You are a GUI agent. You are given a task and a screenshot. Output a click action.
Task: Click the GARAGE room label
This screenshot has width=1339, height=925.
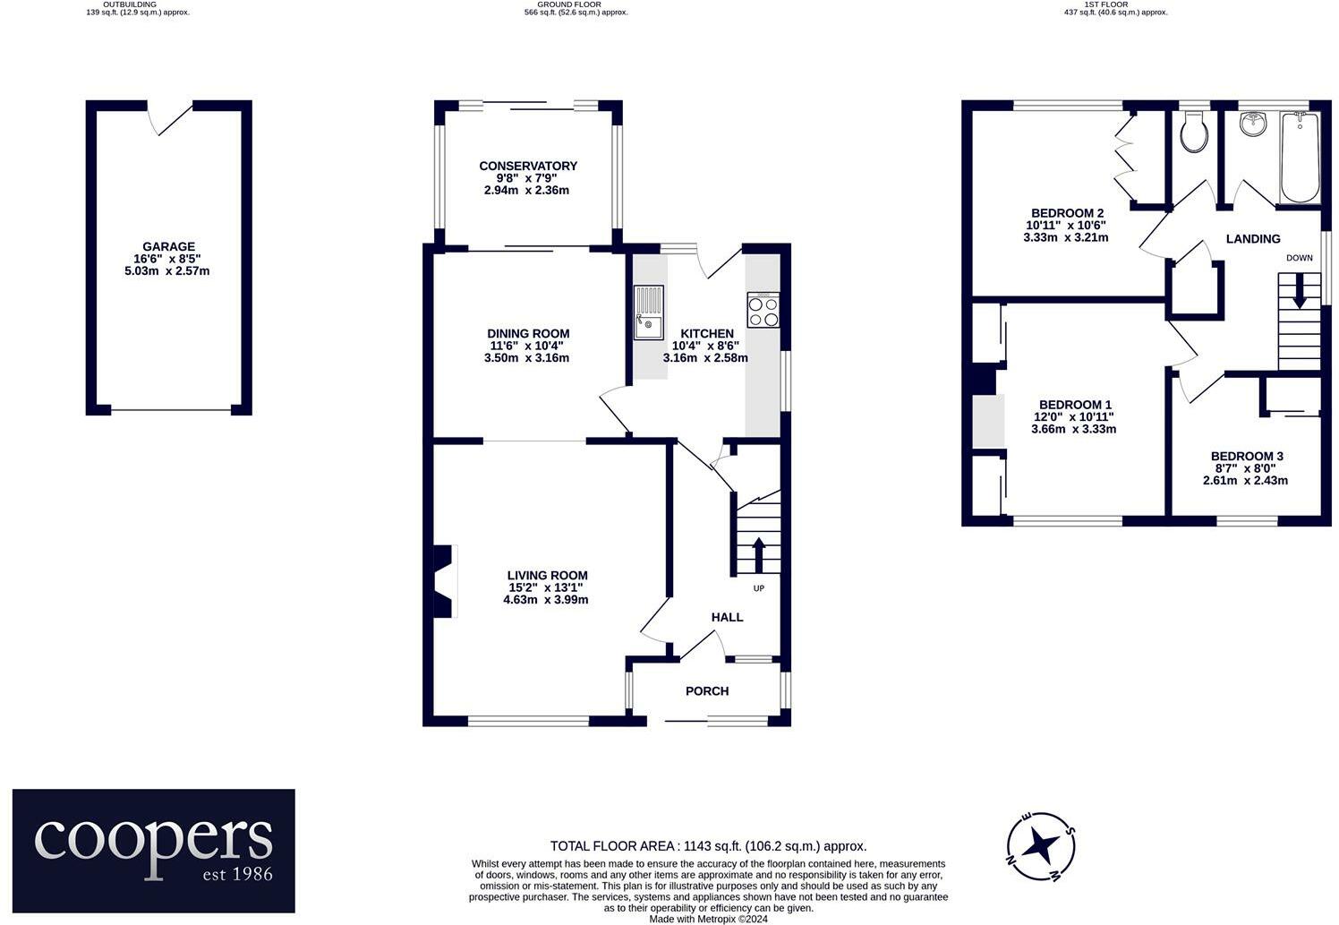coord(168,246)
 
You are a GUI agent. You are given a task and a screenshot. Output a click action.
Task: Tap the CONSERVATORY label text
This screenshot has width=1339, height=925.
coord(528,167)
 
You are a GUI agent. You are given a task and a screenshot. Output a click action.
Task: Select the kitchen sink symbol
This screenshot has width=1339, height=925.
coord(649,313)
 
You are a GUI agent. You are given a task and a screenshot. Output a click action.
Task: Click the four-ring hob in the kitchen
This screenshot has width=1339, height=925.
coord(763,310)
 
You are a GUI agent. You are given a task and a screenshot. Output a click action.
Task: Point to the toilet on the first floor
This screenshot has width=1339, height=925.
coord(1194,133)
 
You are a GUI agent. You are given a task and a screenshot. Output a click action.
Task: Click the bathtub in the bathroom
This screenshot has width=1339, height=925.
coord(1300,158)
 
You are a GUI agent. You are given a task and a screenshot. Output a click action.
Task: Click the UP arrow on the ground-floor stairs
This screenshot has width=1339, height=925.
coord(759,555)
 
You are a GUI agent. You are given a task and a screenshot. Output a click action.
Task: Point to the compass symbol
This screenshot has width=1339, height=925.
coord(1041,846)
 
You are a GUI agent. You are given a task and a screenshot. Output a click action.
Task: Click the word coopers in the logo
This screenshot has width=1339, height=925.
coord(154,841)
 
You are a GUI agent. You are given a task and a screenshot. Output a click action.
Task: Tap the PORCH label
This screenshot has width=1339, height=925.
coord(707,691)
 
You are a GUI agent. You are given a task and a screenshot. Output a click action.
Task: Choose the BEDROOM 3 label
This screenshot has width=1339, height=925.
coord(1247,456)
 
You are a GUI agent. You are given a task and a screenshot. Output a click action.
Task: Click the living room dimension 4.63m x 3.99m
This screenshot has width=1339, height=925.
coord(546,600)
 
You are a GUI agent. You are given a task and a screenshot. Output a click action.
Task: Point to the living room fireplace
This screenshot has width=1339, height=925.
coord(445,580)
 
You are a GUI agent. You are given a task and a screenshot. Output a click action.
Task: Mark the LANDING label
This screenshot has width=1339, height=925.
coord(1253,239)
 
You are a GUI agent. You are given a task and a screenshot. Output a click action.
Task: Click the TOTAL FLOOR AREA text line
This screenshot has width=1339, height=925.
coord(708,846)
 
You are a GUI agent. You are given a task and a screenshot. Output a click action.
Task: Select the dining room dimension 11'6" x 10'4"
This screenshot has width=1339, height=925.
coord(526,346)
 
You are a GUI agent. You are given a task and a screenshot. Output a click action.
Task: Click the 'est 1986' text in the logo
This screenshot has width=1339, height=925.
coord(238,874)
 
